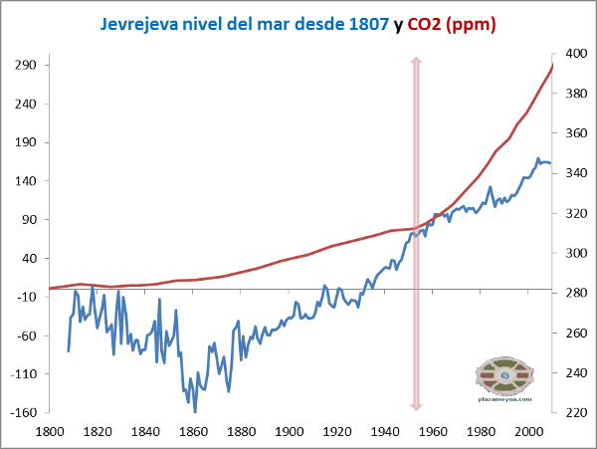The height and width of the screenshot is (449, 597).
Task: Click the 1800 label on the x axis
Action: click(49, 432)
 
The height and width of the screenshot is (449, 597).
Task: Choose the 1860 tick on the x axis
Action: click(193, 432)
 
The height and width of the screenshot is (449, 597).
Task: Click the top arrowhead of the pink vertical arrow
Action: click(417, 62)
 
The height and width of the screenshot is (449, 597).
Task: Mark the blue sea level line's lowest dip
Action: click(195, 411)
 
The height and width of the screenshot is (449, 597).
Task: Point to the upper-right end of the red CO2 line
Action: click(552, 66)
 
